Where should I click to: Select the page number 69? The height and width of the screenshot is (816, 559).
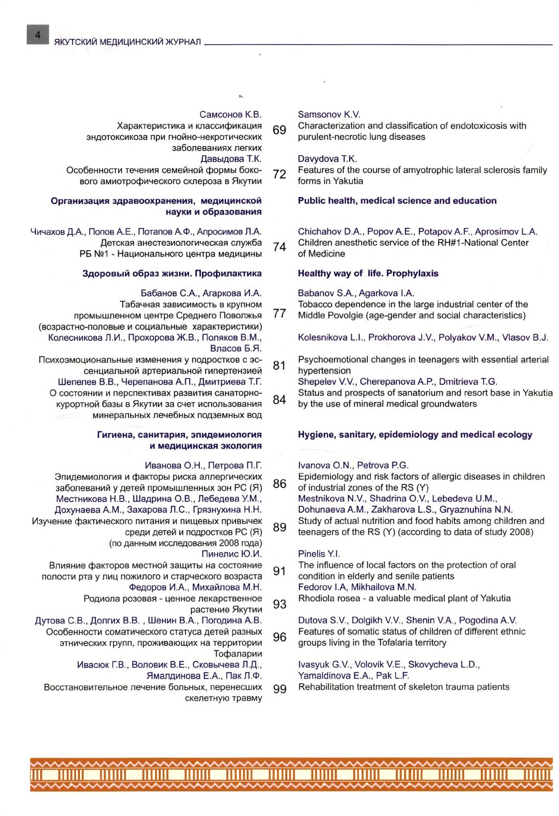tap(279, 130)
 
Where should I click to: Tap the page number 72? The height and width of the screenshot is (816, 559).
tap(279, 175)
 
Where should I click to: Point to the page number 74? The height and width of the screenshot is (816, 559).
tap(279, 247)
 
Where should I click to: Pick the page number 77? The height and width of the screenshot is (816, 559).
tap(279, 313)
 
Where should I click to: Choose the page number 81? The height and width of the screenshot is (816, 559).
tap(279, 365)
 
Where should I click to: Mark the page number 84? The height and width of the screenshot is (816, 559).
tap(279, 399)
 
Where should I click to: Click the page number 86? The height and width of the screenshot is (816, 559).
tap(279, 483)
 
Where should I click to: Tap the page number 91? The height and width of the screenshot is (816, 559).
tap(279, 571)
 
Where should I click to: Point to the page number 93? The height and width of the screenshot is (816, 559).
tap(279, 604)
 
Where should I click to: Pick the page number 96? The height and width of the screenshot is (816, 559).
tap(279, 637)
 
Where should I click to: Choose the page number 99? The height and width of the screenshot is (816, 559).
tap(279, 689)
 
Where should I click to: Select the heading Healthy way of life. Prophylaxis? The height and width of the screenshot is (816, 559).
tap(368, 274)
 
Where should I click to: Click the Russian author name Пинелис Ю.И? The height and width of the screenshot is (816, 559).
tap(232, 554)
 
